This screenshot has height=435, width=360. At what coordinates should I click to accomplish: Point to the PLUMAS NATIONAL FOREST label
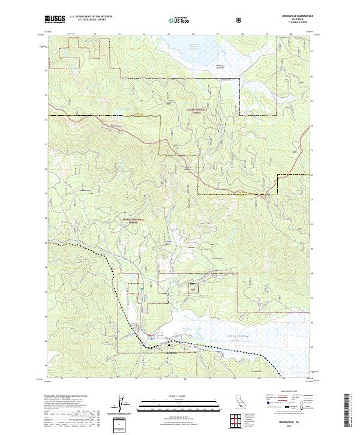(139, 221)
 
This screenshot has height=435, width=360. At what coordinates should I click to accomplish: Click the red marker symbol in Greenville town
(151, 334)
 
